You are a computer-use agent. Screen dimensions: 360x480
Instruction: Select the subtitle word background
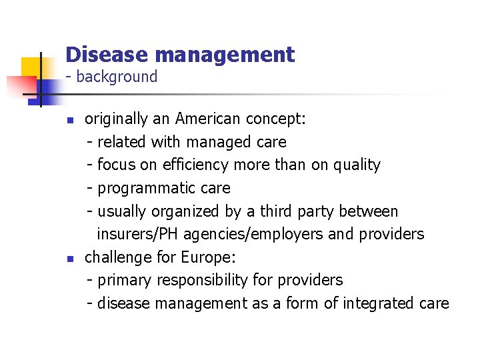pos(117,77)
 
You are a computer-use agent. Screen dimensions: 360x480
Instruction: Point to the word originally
pos(117,119)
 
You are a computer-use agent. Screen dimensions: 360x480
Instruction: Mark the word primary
pos(125,280)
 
